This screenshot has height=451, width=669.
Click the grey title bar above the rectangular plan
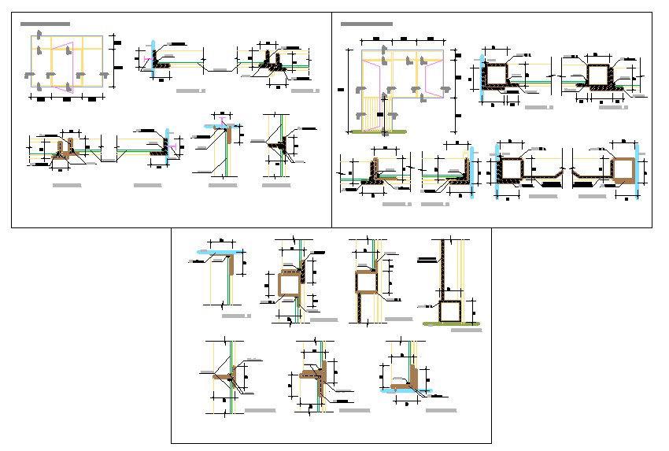coord(45,24)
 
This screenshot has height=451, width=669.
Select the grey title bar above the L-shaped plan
coord(366,24)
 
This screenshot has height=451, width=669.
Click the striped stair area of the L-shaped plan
coord(372,110)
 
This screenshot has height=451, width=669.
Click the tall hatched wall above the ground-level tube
coord(445,268)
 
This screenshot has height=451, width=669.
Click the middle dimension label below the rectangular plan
coord(68,100)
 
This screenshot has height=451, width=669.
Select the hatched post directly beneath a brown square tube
coord(363,308)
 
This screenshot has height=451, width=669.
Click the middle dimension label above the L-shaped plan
coord(403,38)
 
